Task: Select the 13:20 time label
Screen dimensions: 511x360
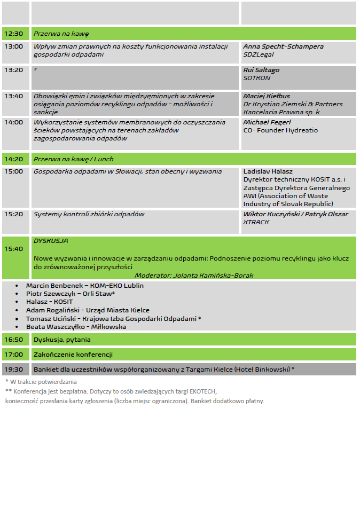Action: [x=13, y=70]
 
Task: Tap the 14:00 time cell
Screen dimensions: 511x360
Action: [x=13, y=122]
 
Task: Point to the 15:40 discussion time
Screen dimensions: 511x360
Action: [x=13, y=249]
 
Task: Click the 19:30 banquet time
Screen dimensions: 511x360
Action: [x=13, y=369]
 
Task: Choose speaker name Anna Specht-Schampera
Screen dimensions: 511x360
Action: [x=283, y=46]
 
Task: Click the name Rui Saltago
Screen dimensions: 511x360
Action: [x=261, y=70]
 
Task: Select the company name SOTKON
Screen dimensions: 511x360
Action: [x=257, y=78]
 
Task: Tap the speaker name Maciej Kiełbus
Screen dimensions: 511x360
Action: [x=267, y=96]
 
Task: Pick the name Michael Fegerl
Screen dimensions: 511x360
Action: [x=267, y=122]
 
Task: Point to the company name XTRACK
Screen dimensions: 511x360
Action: [x=256, y=222]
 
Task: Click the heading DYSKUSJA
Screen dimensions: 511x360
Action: [x=51, y=241]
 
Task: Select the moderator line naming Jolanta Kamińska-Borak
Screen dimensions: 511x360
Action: [x=193, y=276]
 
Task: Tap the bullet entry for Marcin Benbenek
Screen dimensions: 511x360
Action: [x=84, y=286]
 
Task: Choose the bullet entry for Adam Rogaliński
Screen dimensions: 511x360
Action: [x=88, y=310]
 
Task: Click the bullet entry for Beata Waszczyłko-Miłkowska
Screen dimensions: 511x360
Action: [x=76, y=327]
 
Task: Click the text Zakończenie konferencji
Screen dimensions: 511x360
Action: [x=73, y=354]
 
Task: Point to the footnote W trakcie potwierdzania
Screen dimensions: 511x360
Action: [x=43, y=382]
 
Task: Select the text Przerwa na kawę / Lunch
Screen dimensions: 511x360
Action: [x=73, y=159]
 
